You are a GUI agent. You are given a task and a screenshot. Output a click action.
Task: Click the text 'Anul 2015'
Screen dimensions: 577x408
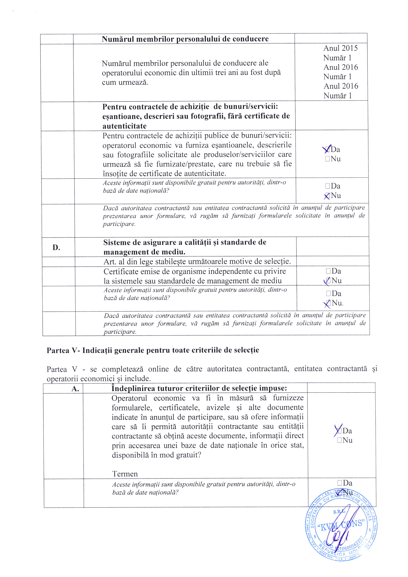[x=340, y=48]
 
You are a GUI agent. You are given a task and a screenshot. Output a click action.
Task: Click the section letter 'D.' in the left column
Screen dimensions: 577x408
[x=56, y=248]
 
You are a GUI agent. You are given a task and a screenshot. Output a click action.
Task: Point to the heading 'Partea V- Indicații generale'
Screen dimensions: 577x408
[x=153, y=350]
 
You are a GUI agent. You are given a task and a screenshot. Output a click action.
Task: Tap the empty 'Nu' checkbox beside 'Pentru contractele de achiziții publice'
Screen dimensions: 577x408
[x=327, y=159]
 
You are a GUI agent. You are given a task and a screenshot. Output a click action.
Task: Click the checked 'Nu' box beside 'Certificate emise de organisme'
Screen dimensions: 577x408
[x=328, y=281]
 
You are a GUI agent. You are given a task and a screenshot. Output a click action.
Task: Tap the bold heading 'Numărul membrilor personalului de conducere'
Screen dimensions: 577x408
[x=185, y=39]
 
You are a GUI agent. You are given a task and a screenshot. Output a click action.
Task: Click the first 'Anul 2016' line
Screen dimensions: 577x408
[x=341, y=67]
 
